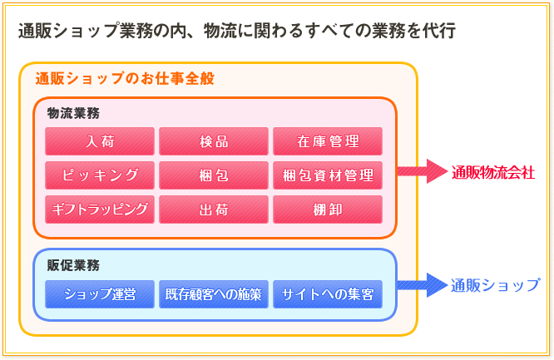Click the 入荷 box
[x=100, y=141]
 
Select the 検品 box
[x=214, y=141]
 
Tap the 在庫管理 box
[x=328, y=141]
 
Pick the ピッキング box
[x=100, y=175]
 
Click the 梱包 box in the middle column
[x=214, y=175]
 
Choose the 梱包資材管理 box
[x=328, y=175]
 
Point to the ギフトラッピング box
[x=100, y=210]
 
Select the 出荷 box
[x=214, y=210]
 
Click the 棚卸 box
[x=328, y=210]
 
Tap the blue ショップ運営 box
[x=100, y=293]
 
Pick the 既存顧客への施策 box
[x=214, y=293]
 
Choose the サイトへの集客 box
[x=328, y=293]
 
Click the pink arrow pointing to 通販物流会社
[x=422, y=171]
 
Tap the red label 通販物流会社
[x=493, y=172]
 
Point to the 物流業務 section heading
[x=74, y=112]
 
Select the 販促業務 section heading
[x=74, y=265]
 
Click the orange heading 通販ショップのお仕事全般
[x=125, y=79]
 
